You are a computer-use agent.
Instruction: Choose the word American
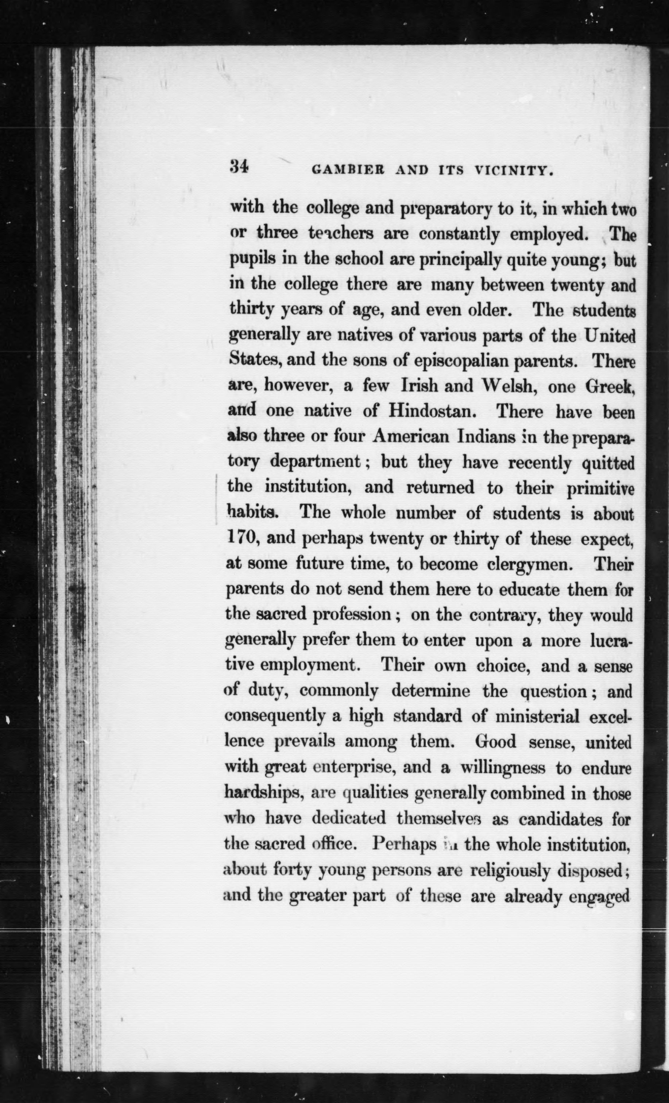[410, 437]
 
